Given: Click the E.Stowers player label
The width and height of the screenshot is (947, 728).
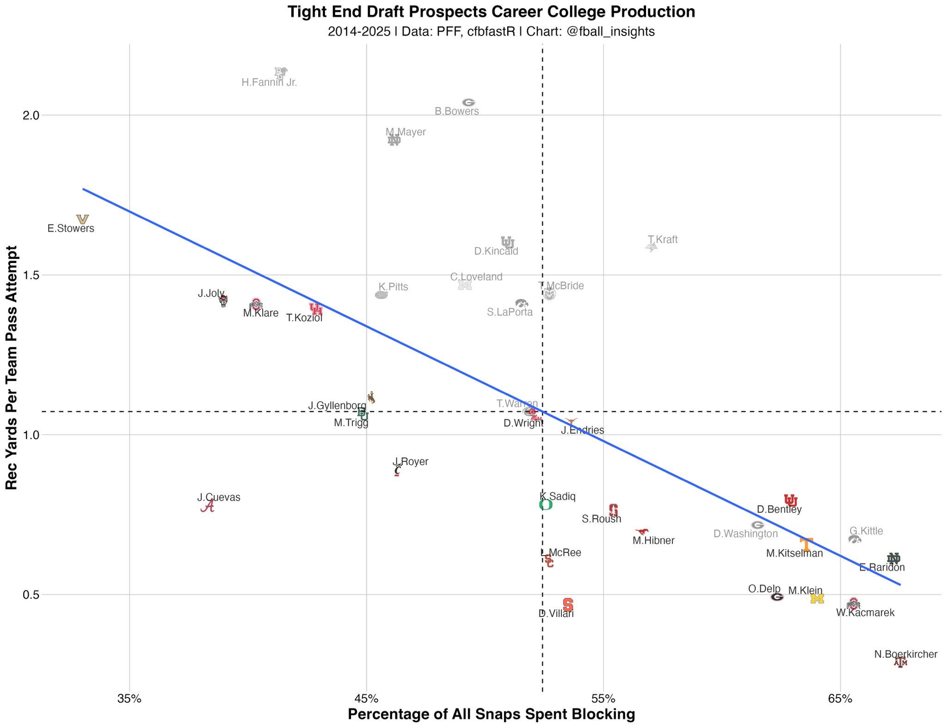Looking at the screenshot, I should (71, 228).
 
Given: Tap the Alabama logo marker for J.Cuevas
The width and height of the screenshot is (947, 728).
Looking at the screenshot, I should (208, 507).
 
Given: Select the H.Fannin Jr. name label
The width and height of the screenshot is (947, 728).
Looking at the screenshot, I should (269, 83).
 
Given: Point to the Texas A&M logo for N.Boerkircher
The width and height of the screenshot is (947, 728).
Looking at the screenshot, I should (900, 662).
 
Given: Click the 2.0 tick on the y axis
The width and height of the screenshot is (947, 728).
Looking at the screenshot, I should (30, 115).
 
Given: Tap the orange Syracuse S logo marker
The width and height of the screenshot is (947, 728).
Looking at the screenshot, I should (568, 604).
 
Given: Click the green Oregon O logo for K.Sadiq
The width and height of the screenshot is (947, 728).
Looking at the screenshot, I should (546, 504).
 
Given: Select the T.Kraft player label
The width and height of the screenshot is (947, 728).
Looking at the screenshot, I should (662, 239).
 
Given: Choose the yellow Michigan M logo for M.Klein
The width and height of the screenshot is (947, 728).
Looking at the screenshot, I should (817, 599).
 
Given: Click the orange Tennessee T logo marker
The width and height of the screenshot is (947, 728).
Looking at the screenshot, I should (806, 544).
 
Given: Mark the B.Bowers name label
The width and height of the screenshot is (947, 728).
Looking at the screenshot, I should (456, 111).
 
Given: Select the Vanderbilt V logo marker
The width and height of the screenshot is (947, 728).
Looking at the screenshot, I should (82, 219).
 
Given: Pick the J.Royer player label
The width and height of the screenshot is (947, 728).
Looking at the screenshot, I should (410, 461).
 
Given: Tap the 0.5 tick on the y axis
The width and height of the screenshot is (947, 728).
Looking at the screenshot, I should (30, 594).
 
